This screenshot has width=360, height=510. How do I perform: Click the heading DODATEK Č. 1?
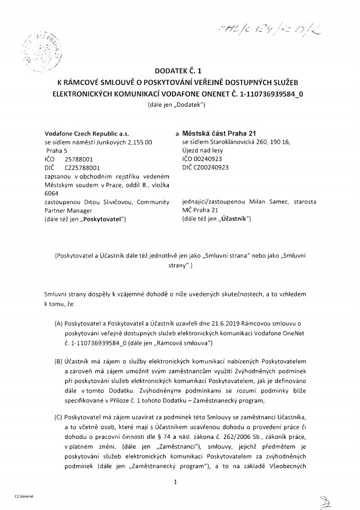180,70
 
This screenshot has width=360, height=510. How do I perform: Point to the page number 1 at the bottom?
175,482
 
